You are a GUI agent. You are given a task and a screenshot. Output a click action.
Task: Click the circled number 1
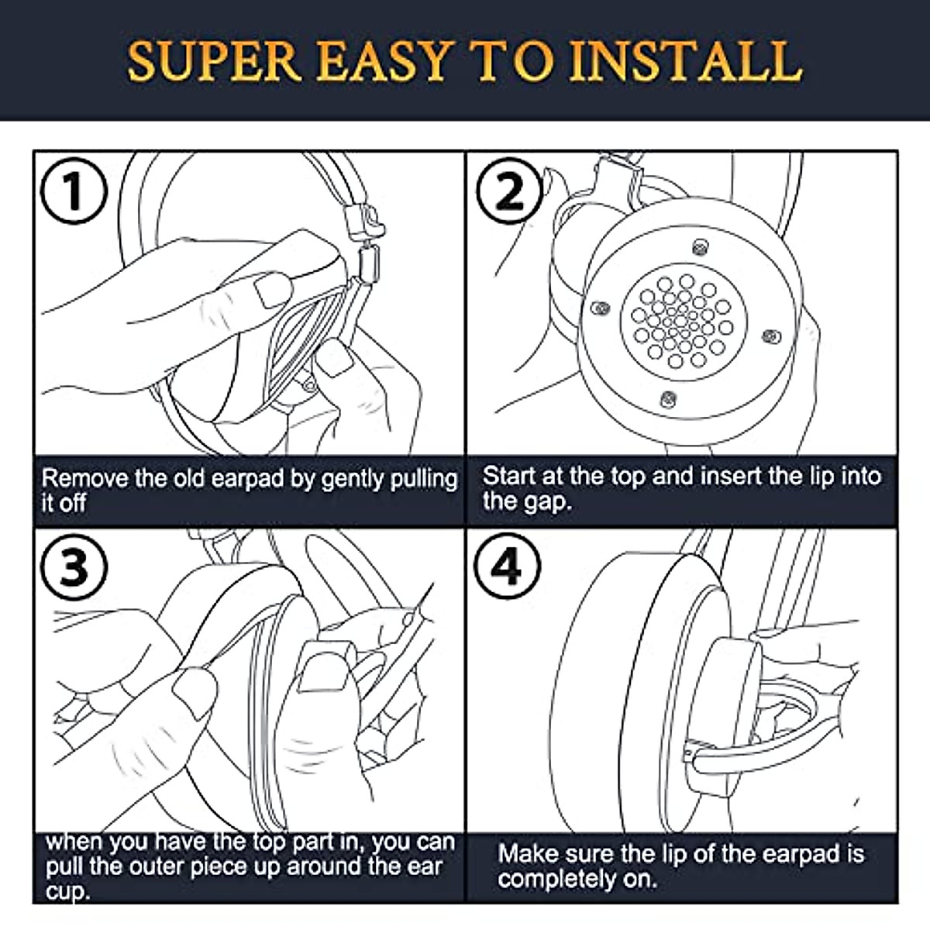point(74,191)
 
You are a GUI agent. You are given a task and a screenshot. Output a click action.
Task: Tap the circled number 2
point(509,191)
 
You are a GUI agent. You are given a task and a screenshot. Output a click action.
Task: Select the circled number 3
point(74,567)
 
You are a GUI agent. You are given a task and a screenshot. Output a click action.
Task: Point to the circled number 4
point(507,567)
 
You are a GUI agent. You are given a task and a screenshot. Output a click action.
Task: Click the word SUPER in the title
point(214,61)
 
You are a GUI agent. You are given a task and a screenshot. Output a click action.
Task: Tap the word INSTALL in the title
point(686,61)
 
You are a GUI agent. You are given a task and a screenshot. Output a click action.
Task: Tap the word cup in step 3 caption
point(67,891)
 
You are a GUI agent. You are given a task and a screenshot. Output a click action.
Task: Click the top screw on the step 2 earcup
point(701,247)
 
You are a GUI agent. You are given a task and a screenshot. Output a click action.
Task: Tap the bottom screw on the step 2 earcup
point(668,398)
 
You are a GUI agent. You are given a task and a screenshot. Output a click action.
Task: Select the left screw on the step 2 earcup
point(601,308)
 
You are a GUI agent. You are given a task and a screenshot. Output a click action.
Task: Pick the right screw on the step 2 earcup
point(770,336)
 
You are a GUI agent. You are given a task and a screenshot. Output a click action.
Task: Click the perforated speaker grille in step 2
point(684,322)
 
